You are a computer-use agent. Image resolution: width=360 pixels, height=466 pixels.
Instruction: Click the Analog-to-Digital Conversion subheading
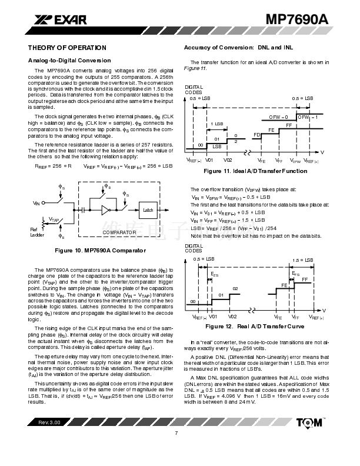(x=69, y=61)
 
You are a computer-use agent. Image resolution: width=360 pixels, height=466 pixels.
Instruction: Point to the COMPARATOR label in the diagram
(x=119, y=233)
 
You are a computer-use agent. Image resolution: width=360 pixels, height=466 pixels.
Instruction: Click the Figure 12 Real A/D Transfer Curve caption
(x=255, y=326)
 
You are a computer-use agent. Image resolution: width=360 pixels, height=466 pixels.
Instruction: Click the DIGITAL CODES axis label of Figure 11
(x=194, y=90)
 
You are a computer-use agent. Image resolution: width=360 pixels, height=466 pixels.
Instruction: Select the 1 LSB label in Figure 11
(x=218, y=124)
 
